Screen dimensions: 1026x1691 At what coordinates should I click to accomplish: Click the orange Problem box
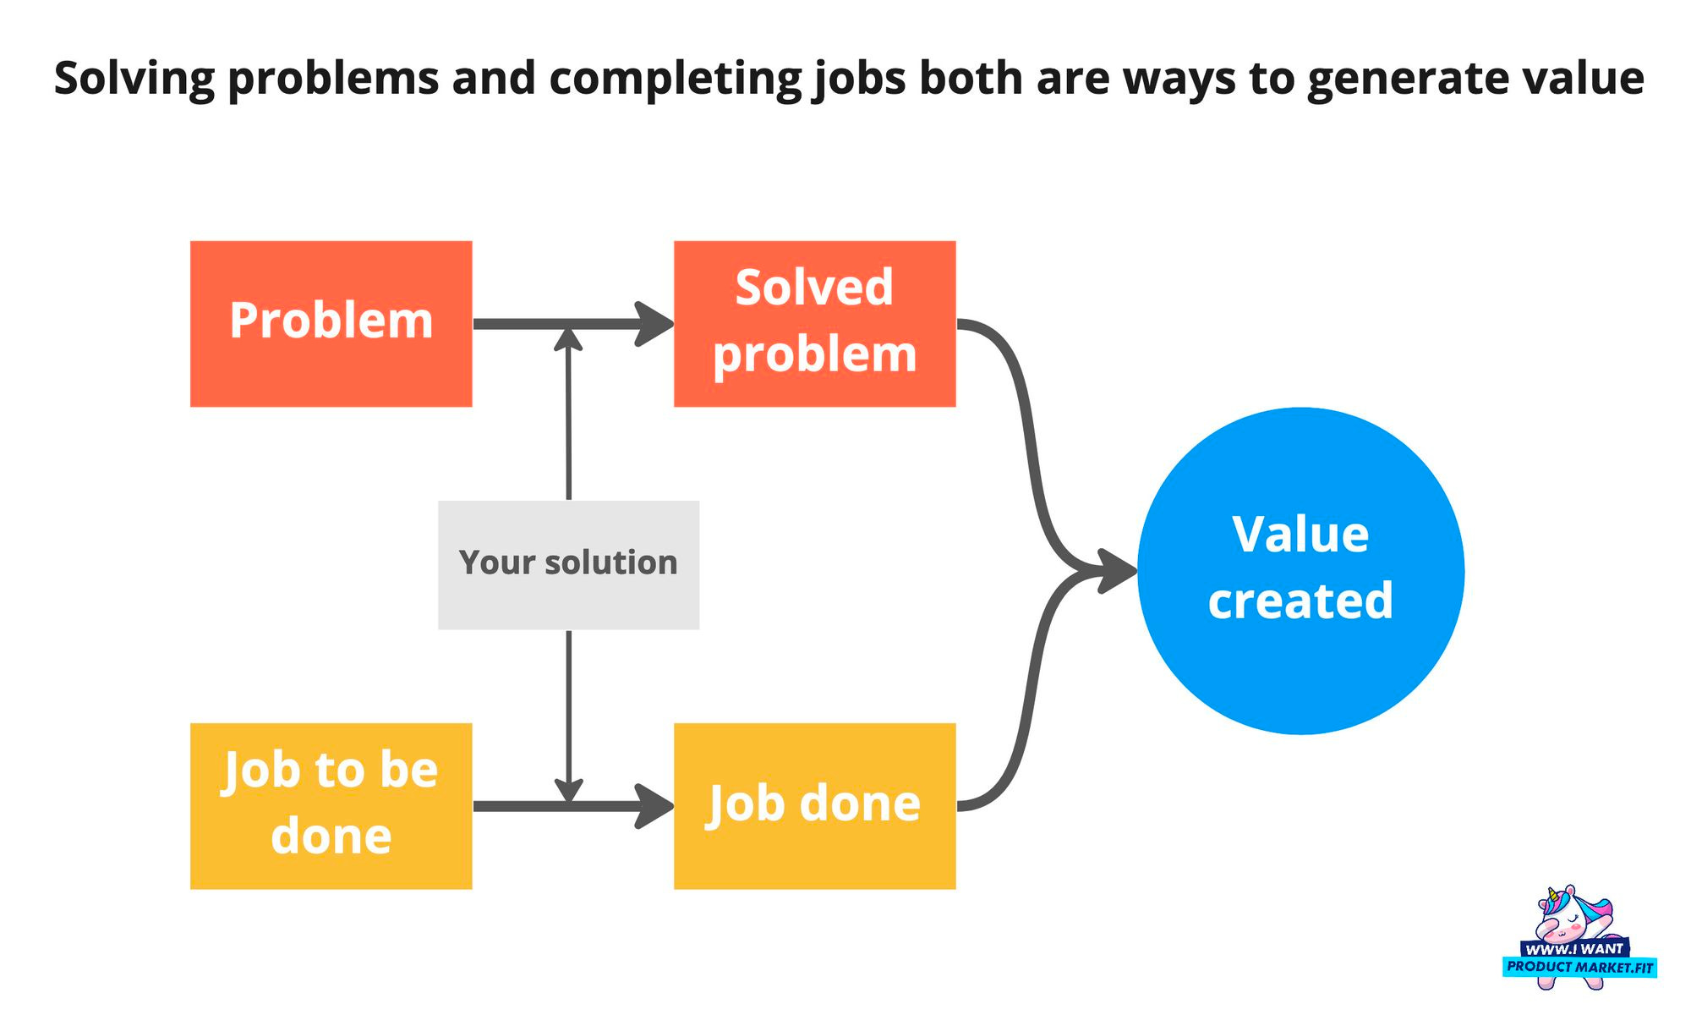(331, 324)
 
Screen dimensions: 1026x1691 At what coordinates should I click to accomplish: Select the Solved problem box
(814, 324)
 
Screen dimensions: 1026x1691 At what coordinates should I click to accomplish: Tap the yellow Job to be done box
(331, 805)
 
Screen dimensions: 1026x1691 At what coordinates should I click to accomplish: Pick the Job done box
(814, 805)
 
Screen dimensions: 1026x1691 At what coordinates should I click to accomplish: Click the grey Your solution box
(568, 564)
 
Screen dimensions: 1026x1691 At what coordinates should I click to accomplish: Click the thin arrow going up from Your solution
(568, 423)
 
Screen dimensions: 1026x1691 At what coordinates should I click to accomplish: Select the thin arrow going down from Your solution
(568, 711)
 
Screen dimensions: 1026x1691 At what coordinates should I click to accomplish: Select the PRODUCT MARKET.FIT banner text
(1579, 967)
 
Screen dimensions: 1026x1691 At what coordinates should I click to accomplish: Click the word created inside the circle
(1300, 601)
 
